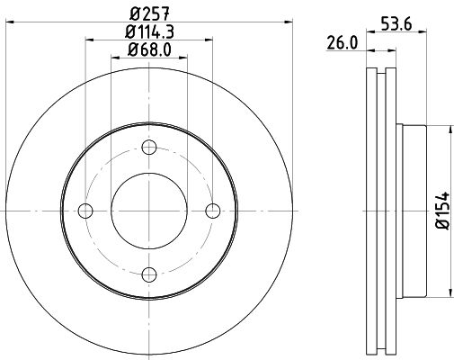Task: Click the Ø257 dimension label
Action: click(x=150, y=13)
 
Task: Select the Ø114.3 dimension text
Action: click(x=149, y=31)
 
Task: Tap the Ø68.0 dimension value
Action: click(x=149, y=49)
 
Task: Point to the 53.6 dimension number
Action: click(x=396, y=24)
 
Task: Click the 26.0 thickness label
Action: click(x=343, y=43)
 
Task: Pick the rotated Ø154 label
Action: click(x=443, y=211)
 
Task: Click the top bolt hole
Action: click(x=149, y=148)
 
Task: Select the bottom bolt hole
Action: click(x=149, y=274)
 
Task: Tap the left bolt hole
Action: click(x=85, y=211)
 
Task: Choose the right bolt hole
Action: click(x=213, y=211)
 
